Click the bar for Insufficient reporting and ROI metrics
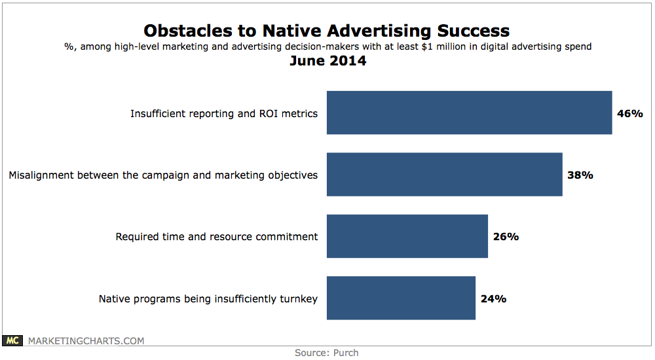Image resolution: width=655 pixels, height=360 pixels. tap(469, 113)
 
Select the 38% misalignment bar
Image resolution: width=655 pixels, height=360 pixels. tap(444, 174)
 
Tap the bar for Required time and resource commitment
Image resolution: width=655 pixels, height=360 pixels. tap(407, 236)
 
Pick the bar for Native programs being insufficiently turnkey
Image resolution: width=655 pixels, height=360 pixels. tap(401, 298)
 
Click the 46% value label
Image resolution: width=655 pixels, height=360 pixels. tap(630, 113)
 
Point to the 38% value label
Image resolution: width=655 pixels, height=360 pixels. tap(580, 175)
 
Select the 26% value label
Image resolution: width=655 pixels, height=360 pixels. tap(506, 236)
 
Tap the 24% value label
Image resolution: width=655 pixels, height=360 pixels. tap(493, 298)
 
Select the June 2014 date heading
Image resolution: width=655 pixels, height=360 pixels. tap(327, 62)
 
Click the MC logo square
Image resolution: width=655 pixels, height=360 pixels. tap(14, 340)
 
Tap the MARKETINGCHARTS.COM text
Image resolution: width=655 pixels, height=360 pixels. tap(85, 340)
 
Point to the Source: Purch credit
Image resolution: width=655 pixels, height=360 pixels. tap(326, 353)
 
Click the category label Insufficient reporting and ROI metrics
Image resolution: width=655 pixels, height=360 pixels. tap(224, 113)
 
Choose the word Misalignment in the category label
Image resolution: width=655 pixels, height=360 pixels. tap(41, 175)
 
